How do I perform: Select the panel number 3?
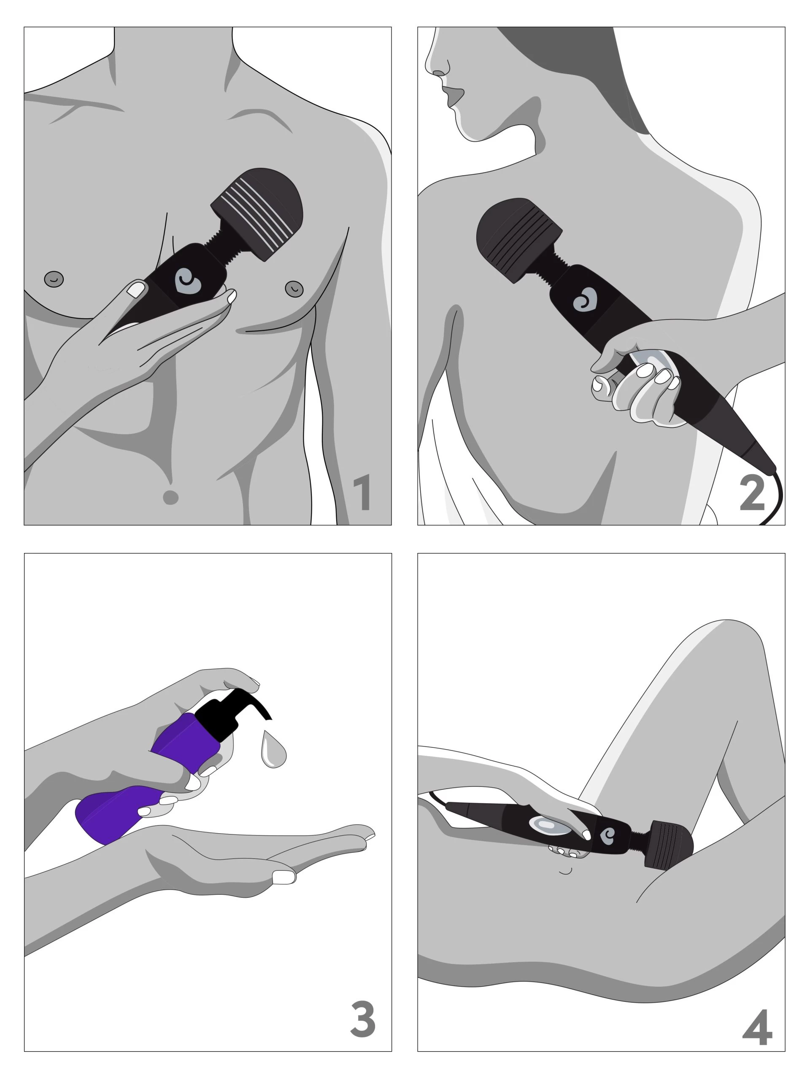coord(362,1020)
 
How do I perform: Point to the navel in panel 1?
coord(170,497)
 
